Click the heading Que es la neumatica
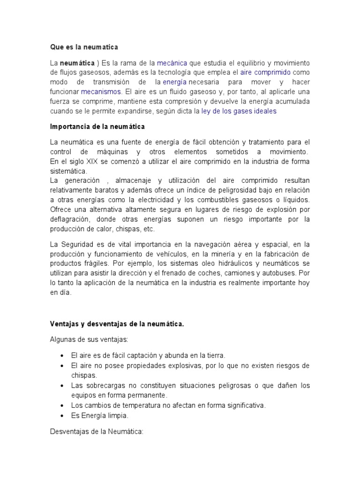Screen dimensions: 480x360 pyautogui.click(x=84, y=47)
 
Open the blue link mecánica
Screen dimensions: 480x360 pyautogui.click(x=172, y=63)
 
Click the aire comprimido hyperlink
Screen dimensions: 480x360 pyautogui.click(x=265, y=73)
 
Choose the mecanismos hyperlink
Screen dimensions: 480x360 pyautogui.click(x=101, y=92)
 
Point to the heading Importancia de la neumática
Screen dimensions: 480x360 pyautogui.click(x=97, y=127)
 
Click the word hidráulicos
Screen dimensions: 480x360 pyautogui.click(x=223, y=264)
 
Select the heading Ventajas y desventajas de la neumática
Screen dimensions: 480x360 pyautogui.click(x=117, y=324)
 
